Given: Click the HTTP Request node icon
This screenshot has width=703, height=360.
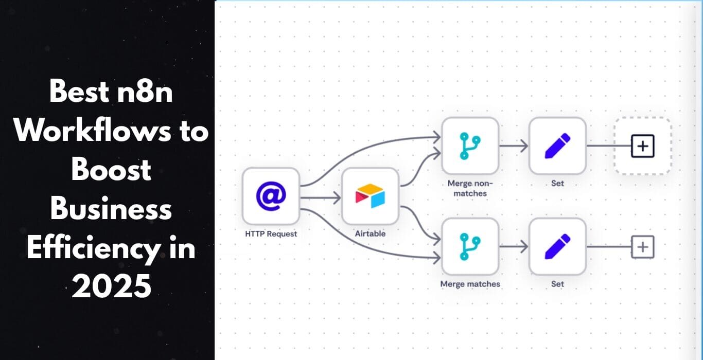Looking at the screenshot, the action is tap(271, 196).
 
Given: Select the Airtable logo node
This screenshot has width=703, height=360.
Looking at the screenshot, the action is tap(371, 196).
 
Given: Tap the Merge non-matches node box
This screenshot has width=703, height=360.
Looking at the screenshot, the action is tap(470, 146).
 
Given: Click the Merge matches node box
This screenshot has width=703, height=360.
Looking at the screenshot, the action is tap(470, 247).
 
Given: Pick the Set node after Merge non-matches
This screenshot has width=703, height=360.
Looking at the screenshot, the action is tap(558, 146).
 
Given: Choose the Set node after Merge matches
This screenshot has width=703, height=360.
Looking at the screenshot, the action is tap(558, 247).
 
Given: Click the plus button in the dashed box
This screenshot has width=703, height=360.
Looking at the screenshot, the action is tap(643, 146).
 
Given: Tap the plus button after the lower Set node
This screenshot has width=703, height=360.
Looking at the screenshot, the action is tap(643, 247).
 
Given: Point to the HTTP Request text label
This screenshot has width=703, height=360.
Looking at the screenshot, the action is tap(271, 234).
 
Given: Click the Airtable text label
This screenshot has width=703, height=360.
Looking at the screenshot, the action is tap(371, 233).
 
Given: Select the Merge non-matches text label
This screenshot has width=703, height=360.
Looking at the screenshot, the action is tap(470, 188).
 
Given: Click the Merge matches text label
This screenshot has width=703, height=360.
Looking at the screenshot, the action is tap(470, 284).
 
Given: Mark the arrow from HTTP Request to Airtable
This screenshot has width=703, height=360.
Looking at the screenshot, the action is tap(321, 198).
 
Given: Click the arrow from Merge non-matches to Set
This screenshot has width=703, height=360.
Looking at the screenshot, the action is tap(514, 146).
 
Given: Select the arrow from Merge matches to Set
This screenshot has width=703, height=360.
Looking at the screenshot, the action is tap(514, 247).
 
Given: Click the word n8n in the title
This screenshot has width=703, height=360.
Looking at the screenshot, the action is tap(145, 92).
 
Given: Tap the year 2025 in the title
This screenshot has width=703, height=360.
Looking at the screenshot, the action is tap(111, 285).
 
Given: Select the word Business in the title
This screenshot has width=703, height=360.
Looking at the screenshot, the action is tap(111, 208).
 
